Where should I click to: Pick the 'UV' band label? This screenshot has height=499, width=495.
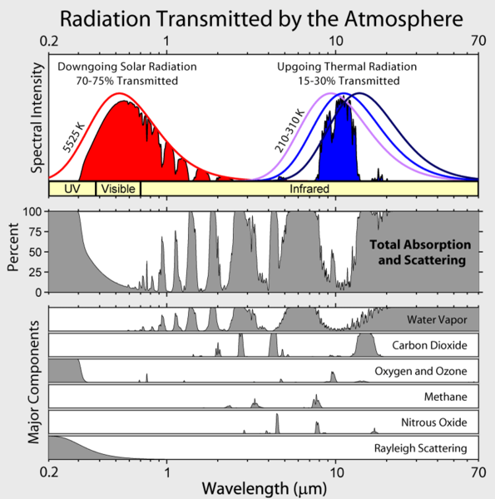(72, 189)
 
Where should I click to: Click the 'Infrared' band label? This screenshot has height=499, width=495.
(309, 189)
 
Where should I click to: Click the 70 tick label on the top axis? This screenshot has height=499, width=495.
(478, 40)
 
